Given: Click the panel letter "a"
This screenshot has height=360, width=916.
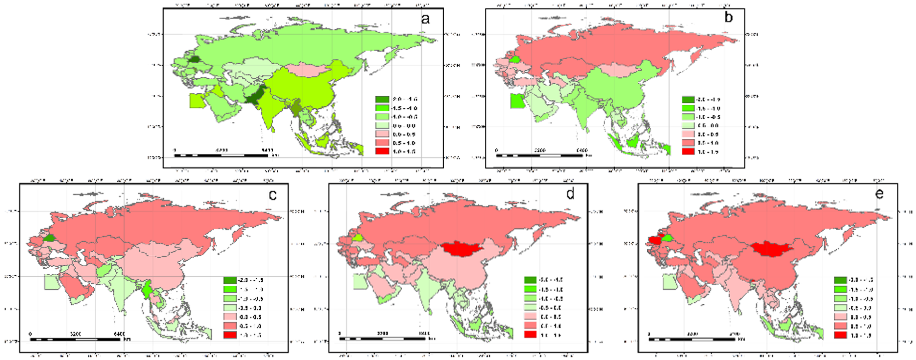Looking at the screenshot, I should click(x=426, y=19).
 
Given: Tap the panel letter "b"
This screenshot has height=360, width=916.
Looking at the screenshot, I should click(x=728, y=18).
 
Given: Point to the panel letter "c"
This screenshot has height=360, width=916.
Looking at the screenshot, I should click(x=273, y=195).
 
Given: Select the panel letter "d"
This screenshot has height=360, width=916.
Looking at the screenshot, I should click(x=570, y=194).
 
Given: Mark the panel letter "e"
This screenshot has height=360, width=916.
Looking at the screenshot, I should click(x=879, y=194).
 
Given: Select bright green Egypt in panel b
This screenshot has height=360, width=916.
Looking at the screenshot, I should click(x=517, y=101).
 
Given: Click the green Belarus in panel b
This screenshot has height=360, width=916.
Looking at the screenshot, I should click(x=514, y=60).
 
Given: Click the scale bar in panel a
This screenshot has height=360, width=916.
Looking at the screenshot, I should click(x=221, y=155).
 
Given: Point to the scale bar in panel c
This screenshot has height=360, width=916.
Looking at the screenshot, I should click(x=75, y=339).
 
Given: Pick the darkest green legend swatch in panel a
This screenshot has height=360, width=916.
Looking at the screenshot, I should click(x=383, y=99).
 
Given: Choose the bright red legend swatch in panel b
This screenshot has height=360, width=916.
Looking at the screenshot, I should click(x=688, y=151).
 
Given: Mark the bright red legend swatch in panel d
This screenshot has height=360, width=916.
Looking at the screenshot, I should click(x=530, y=335).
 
